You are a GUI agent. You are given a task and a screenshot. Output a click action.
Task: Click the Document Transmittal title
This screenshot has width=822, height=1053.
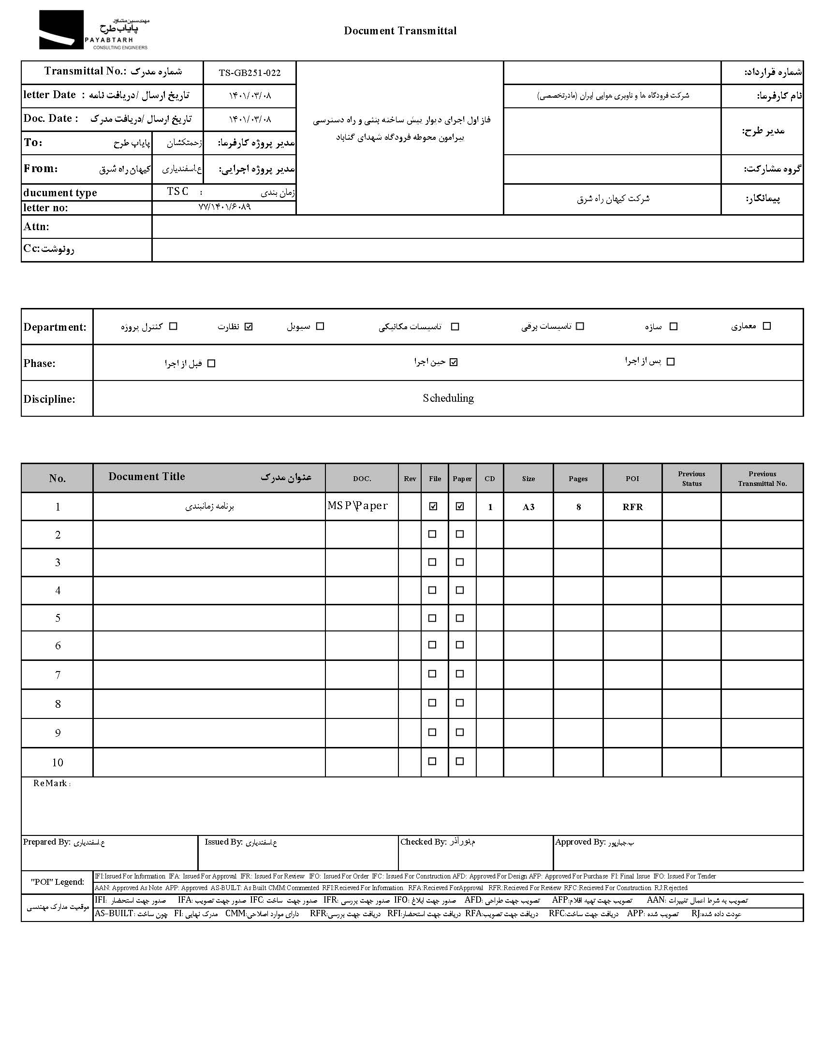pos(400,31)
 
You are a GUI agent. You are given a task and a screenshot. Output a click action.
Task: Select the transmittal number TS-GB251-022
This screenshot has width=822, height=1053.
pos(250,73)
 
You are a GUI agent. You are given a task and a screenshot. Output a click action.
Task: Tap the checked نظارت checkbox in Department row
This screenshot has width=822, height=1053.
pos(249,326)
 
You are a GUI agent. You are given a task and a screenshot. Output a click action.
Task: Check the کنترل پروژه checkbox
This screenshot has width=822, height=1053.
pos(174,326)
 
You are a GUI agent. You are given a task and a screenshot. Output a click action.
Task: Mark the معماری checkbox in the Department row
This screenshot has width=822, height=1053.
pos(766,326)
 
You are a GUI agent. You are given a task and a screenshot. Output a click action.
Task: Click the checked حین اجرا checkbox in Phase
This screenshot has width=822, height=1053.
pos(453,362)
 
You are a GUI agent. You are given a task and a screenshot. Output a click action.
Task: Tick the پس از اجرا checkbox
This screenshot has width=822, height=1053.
pos(670,362)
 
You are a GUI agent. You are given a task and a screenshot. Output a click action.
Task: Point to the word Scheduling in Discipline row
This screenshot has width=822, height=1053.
pos(448,398)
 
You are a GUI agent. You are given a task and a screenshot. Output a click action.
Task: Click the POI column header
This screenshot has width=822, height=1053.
pos(632,479)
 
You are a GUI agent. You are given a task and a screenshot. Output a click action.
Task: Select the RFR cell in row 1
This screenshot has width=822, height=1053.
pos(632,507)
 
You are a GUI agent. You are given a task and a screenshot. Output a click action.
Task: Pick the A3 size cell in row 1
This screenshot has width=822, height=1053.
pos(528,507)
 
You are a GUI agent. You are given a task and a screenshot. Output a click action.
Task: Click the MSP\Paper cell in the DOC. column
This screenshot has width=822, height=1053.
pos(357,506)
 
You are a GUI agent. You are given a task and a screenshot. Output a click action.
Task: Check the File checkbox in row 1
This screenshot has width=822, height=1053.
pos(433,506)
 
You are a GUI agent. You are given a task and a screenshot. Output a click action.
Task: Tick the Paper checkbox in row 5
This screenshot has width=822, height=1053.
pos(460,618)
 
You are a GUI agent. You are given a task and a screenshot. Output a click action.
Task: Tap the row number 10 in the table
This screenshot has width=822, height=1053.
pos(58,762)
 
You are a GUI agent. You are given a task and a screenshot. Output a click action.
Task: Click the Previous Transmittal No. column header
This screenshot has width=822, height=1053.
pos(762,479)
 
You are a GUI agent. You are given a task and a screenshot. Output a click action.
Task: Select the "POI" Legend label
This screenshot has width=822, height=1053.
pos(57,882)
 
